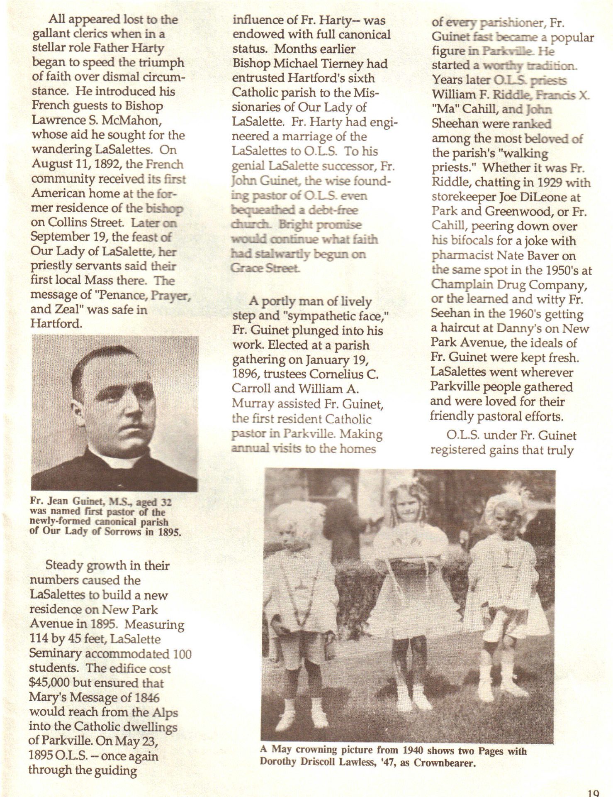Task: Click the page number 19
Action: [x=594, y=792]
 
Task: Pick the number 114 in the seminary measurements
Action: [x=39, y=639]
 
